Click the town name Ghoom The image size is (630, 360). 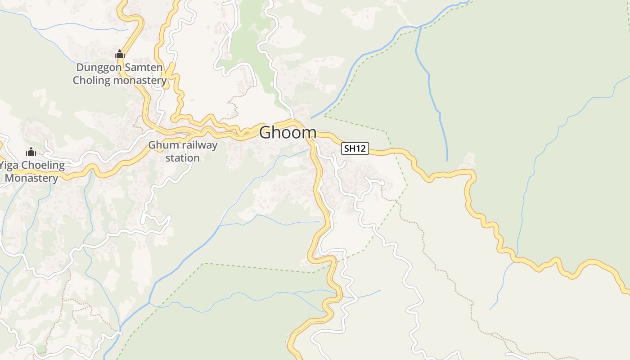pos(288,132)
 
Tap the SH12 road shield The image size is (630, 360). pos(355,148)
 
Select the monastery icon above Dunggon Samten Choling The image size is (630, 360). pos(119,54)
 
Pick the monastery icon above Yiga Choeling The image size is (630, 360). pos(31,152)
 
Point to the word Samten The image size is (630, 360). pos(142,67)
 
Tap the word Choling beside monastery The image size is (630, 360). pos(92,81)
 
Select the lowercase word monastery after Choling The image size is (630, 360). pos(140,81)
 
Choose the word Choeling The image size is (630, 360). pos(43,165)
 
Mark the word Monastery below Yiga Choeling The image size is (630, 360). pos(31,178)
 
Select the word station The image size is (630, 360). pos(183,158)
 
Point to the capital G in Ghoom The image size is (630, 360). pos(265,132)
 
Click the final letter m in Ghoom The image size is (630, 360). pos(309,132)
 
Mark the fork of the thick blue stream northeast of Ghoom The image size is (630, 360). pos(419,28)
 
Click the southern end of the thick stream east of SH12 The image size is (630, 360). pos(447,160)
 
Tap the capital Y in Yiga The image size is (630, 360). pos(2,165)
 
